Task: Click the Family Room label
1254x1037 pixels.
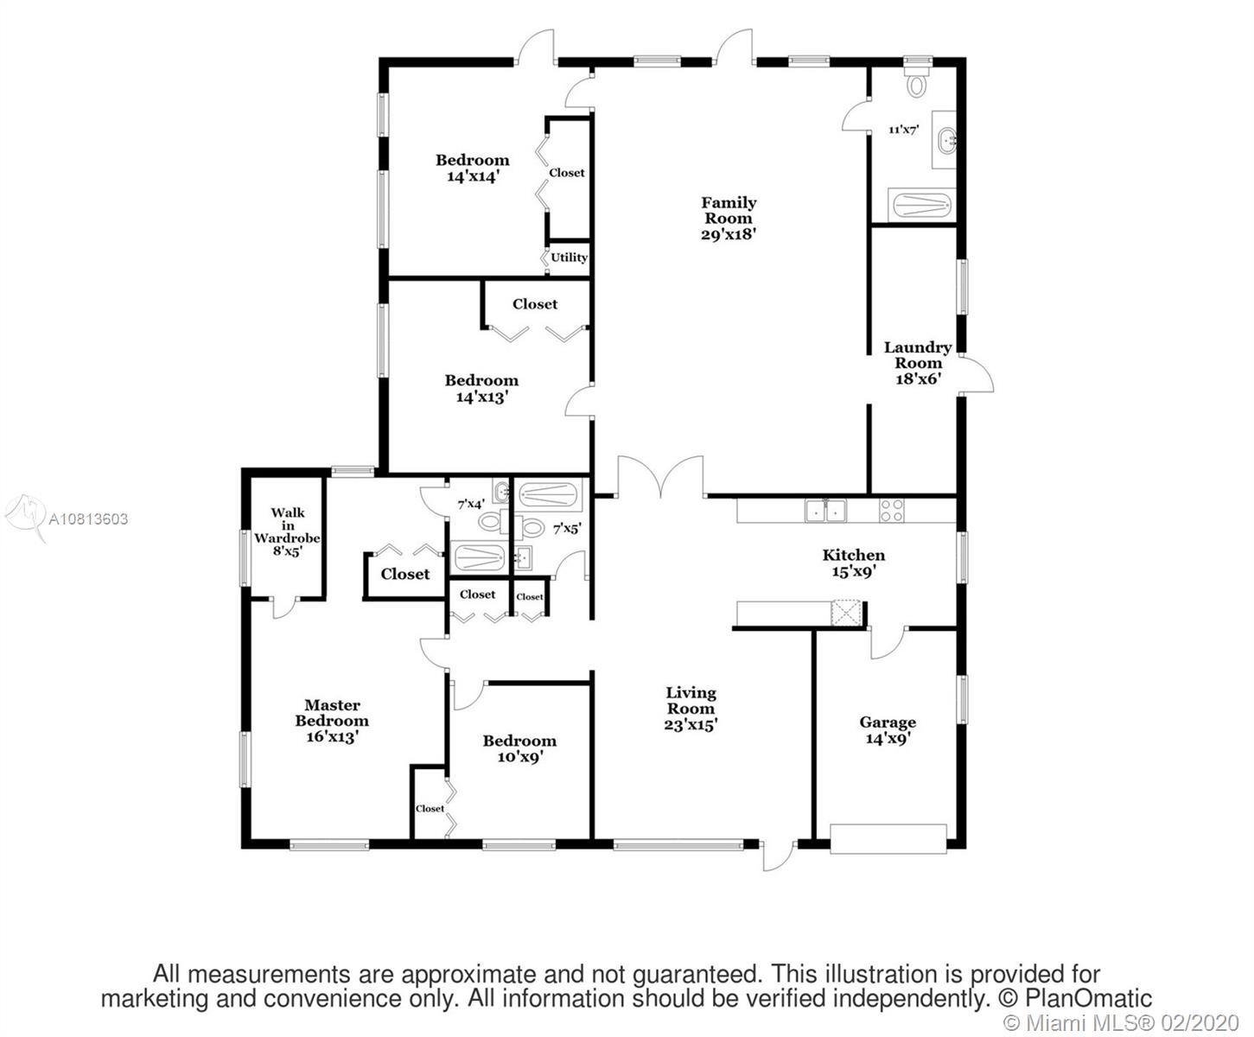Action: coord(729,218)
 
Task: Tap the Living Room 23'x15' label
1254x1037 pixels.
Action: coord(691,709)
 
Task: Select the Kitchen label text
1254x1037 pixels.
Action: coord(853,555)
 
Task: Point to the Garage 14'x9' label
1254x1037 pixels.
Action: coord(888,730)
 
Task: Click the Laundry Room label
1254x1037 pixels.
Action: coord(918,355)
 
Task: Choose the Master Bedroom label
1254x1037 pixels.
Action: coord(332,713)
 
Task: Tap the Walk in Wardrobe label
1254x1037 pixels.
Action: coord(287,525)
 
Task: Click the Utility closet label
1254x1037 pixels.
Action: coord(569,258)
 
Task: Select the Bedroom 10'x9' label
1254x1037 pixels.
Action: coord(519,748)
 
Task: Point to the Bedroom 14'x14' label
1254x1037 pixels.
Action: coord(473,169)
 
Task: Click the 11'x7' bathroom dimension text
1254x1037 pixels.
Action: coord(904,129)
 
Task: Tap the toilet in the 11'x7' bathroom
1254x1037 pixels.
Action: coord(916,82)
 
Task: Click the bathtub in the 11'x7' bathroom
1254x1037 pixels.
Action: coord(921,206)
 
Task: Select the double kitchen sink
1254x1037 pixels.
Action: coord(826,511)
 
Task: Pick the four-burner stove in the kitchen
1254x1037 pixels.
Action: coord(891,511)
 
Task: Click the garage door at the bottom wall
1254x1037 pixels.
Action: coord(888,839)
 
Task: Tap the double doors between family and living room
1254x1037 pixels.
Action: coord(660,477)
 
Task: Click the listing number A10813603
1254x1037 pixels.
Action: coord(88,519)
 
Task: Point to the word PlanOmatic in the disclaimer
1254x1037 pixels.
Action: coord(1088,998)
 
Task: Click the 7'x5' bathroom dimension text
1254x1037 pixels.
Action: coord(567,529)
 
